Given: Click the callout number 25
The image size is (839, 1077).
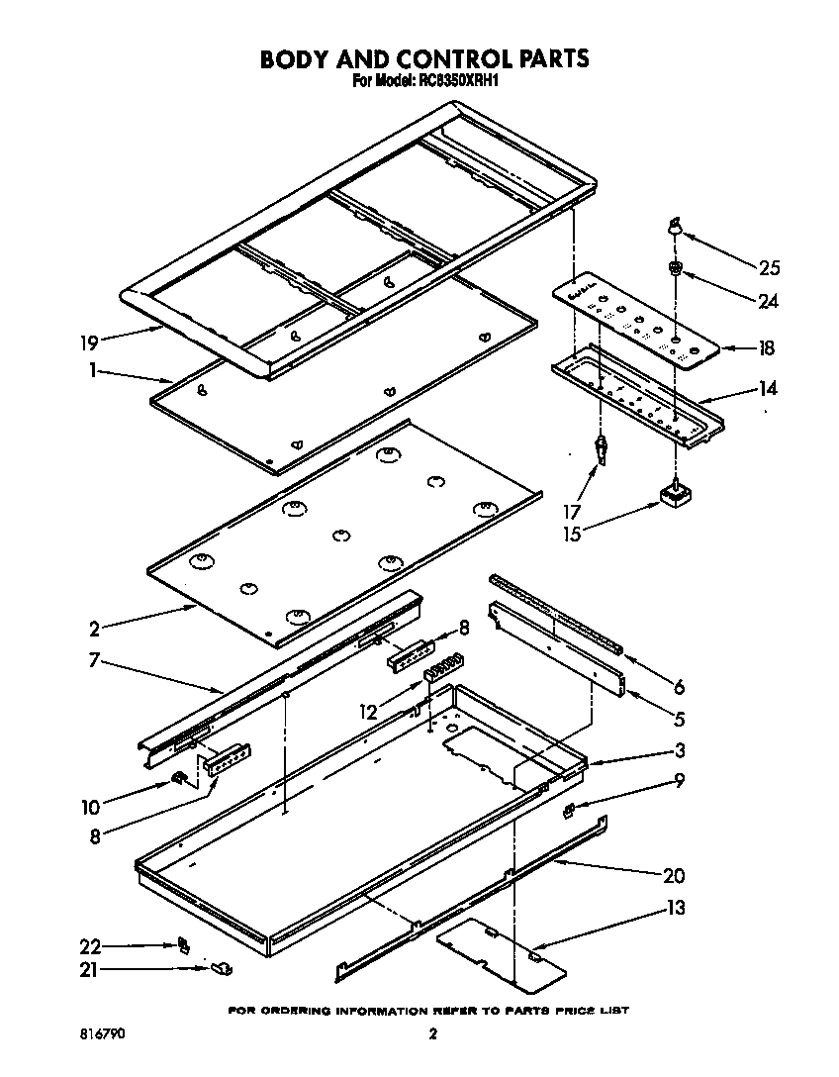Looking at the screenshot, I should pos(769,267).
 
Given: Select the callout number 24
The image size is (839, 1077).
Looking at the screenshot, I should pos(768,301).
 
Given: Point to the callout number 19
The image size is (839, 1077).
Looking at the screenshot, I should pos(88,344).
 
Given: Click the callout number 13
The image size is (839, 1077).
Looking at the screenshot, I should pos(676,908).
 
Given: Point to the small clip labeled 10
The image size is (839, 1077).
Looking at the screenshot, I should pos(180,779).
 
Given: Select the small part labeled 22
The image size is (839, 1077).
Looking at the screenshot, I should pos(182,944).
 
